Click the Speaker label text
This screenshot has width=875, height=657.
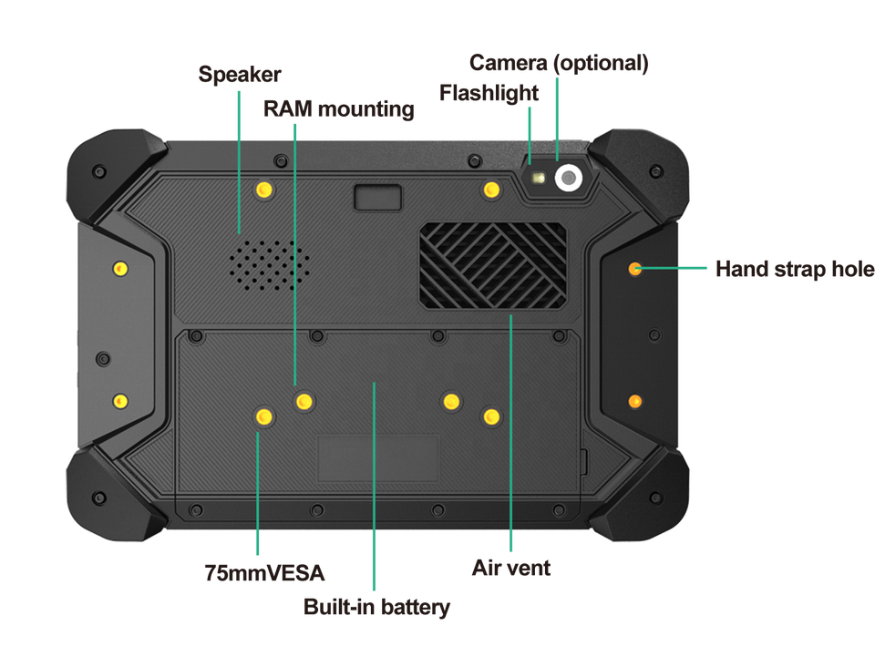point(240,75)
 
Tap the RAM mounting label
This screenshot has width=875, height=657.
point(338,110)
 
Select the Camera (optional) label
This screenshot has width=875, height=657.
point(558,64)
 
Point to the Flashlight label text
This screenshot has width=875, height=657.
point(489,92)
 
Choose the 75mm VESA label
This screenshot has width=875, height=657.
point(265,573)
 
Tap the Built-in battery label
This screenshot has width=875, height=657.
point(377,607)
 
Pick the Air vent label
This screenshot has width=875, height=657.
point(510,569)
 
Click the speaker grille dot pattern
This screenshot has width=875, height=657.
point(268,263)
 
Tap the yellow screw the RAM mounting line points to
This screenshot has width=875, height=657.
point(304,401)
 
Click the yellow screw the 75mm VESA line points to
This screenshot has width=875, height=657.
point(263,417)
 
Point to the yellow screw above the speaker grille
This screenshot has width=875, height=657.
point(264,190)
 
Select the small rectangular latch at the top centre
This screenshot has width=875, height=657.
point(376,198)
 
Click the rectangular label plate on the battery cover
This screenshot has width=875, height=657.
point(377,457)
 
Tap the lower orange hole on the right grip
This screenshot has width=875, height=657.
point(634,401)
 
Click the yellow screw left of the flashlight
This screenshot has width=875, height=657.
point(492,190)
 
